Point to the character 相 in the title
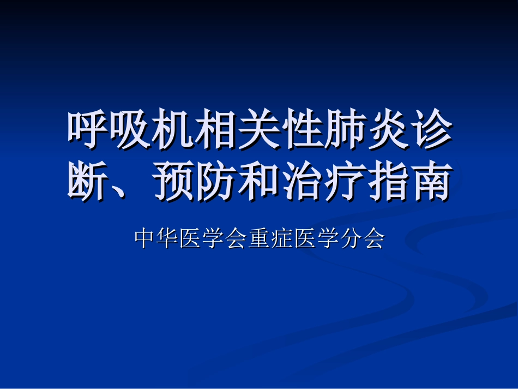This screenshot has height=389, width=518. click(216, 131)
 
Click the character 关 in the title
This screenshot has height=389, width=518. click(259, 131)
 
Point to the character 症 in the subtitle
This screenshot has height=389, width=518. click(282, 238)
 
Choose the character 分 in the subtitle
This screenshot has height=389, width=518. click(351, 238)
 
